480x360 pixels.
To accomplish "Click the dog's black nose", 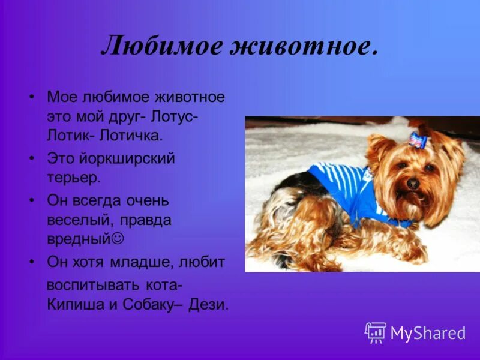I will (x=413, y=184).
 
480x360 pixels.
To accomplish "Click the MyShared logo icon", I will (x=376, y=332).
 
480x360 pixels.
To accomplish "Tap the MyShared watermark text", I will (x=428, y=333).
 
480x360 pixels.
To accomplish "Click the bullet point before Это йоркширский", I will (x=32, y=158).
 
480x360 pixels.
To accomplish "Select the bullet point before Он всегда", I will (x=32, y=200).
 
